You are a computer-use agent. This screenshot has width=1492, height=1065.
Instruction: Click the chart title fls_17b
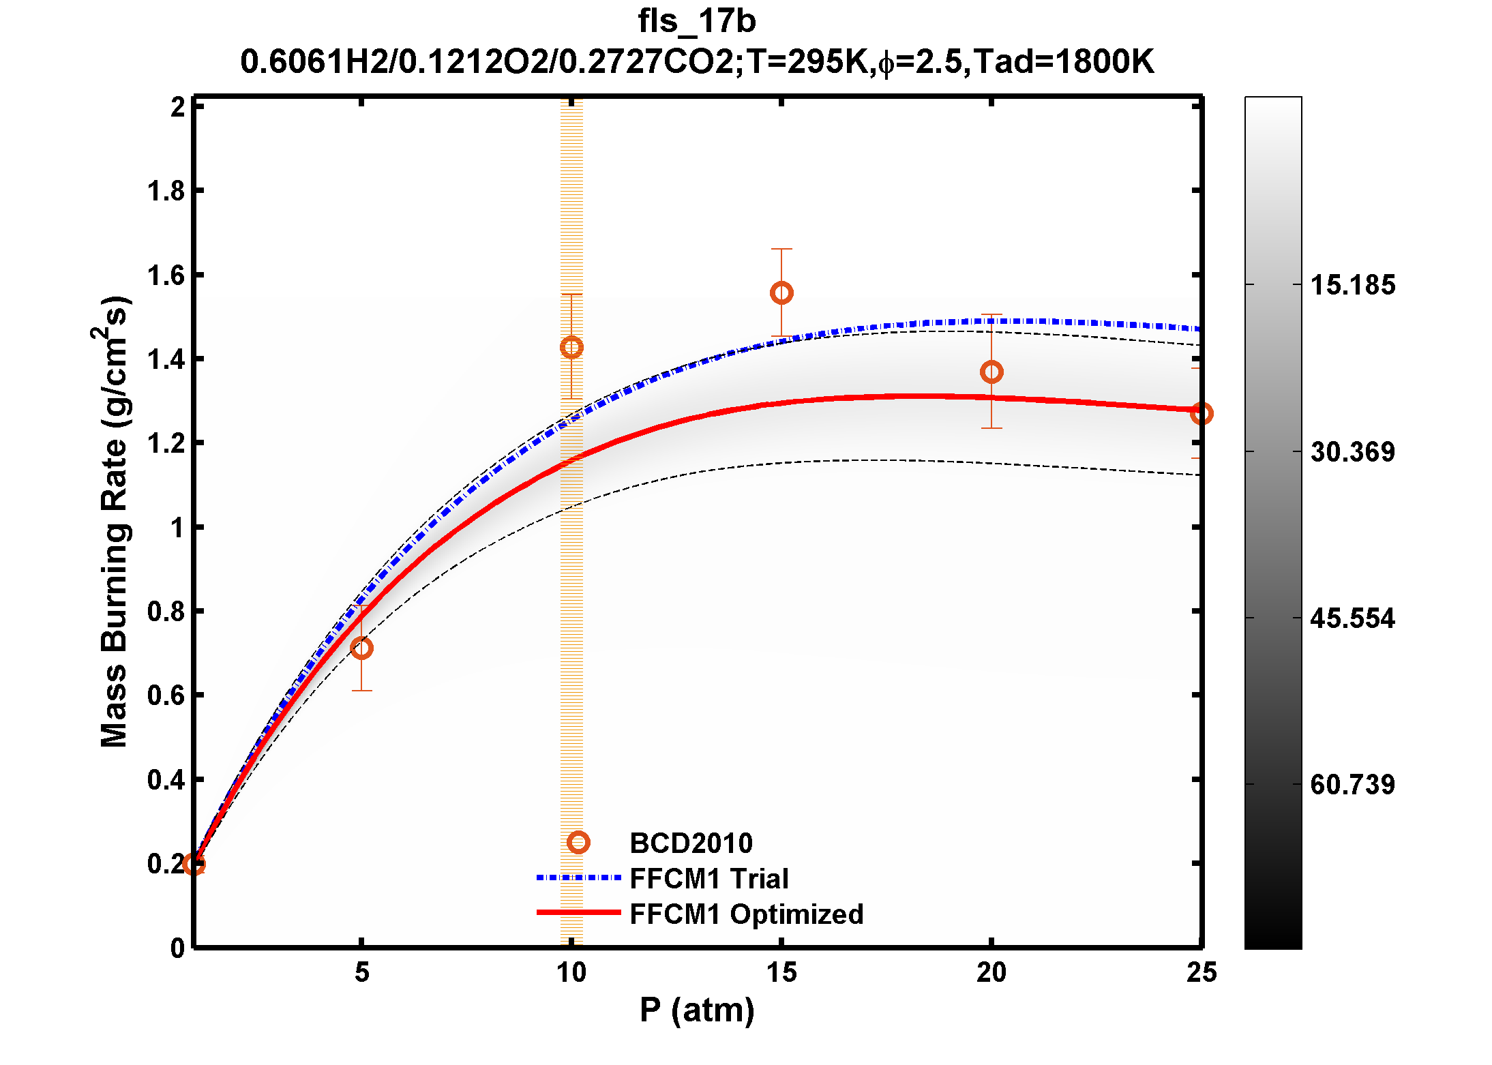(697, 21)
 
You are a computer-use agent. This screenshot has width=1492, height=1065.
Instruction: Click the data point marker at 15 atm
(781, 293)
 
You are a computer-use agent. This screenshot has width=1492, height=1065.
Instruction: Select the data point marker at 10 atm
(571, 347)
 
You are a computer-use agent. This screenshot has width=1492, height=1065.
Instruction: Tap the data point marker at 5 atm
(362, 648)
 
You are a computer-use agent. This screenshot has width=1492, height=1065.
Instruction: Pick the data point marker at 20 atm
(991, 372)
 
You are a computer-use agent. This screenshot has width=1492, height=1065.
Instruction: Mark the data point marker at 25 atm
(1201, 413)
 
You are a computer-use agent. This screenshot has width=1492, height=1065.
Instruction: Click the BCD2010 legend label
(691, 843)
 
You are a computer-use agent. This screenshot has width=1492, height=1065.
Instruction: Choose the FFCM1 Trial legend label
(708, 879)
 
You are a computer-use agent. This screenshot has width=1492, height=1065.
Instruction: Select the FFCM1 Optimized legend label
(746, 914)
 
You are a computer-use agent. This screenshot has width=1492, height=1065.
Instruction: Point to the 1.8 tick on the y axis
(166, 192)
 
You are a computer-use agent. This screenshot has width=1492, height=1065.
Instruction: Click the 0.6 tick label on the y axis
(166, 696)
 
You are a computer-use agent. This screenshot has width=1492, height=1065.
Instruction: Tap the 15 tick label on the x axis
(781, 972)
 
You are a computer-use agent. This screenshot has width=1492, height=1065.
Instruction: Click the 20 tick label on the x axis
(991, 972)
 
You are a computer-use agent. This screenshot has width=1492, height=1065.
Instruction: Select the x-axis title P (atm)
(697, 1010)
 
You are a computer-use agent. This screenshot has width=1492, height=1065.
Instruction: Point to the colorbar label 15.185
(1353, 285)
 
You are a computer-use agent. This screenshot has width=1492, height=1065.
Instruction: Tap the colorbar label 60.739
(1353, 785)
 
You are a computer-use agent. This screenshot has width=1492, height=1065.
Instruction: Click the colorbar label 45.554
(1353, 618)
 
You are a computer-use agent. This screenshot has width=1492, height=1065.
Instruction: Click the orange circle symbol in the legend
(578, 843)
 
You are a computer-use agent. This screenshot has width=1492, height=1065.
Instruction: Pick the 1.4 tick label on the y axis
(166, 360)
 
